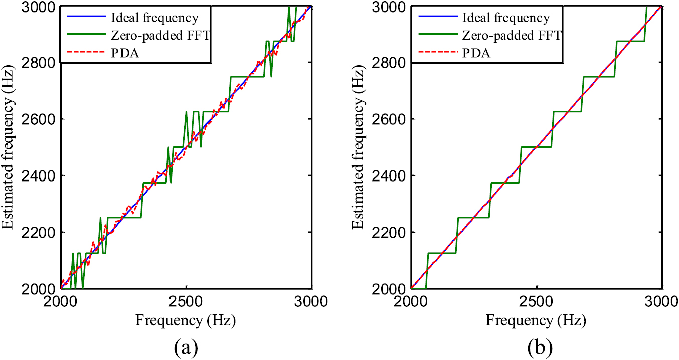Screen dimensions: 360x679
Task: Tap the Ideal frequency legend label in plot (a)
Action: (x=156, y=18)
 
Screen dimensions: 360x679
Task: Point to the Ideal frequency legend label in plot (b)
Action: (x=507, y=18)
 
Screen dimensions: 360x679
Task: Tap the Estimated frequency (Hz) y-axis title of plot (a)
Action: (x=11, y=147)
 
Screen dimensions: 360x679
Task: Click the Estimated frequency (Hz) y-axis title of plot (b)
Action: (x=362, y=147)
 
